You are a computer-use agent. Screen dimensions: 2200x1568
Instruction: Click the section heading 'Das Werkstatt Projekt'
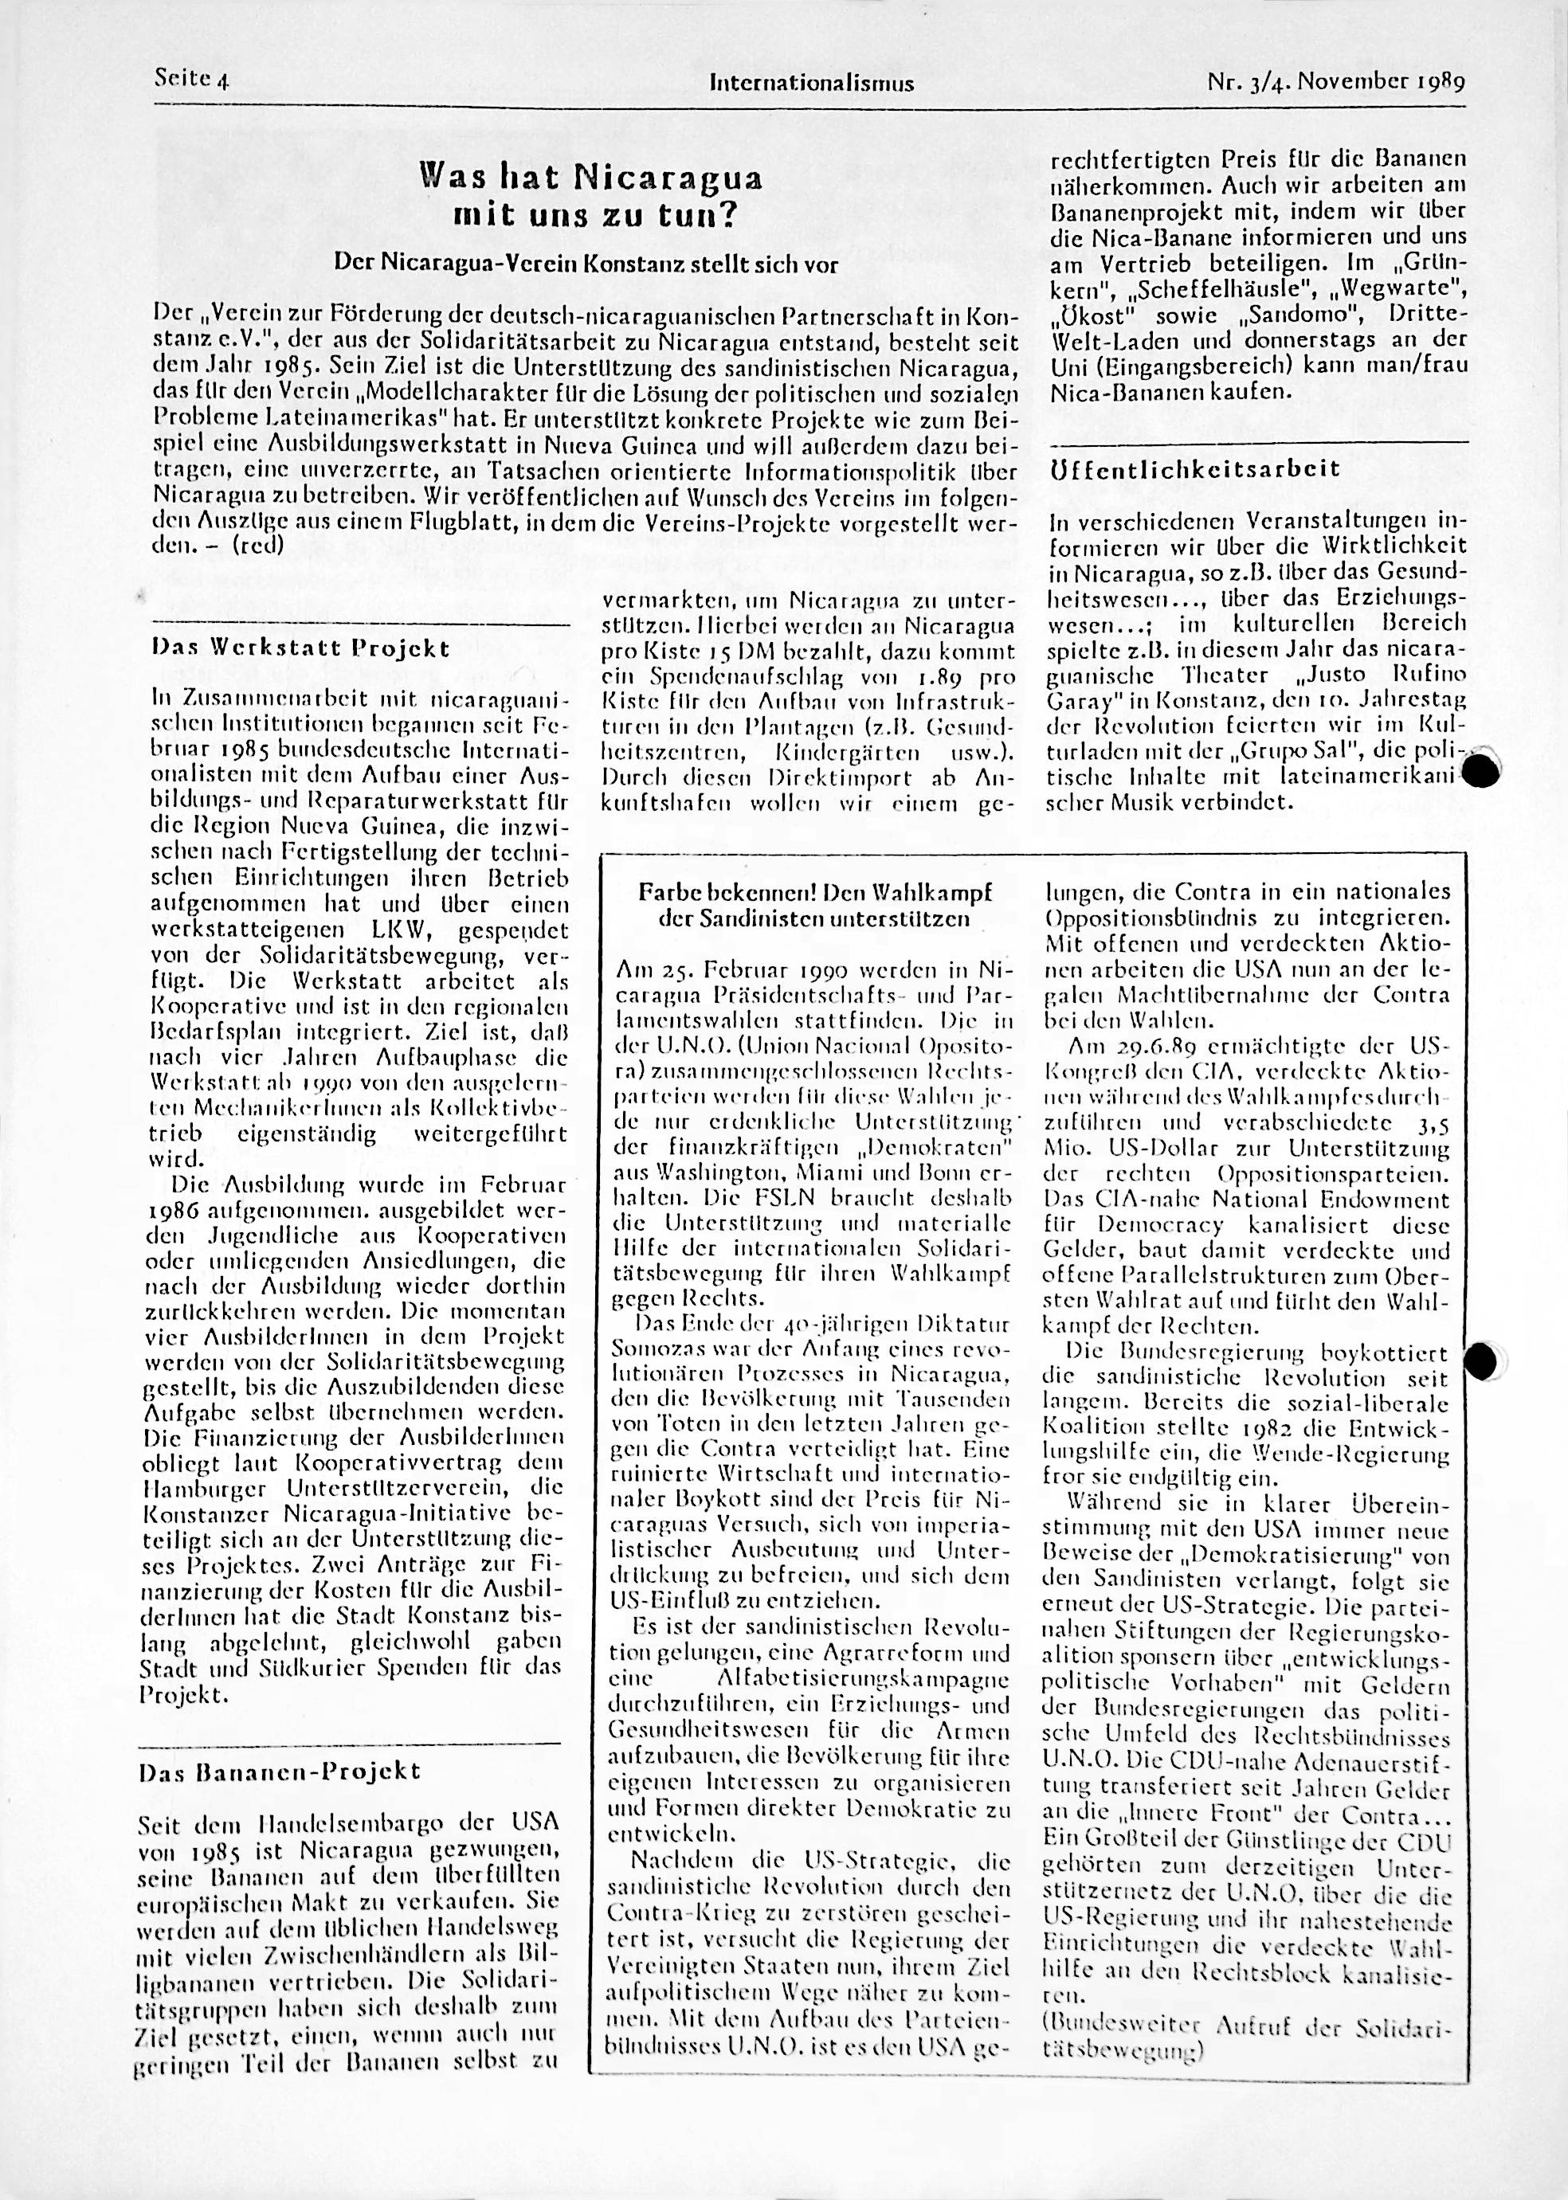click(x=300, y=648)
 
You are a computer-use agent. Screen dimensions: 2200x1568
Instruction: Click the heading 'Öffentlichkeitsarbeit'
click(x=1194, y=469)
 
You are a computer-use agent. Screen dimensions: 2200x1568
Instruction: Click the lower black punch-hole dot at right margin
click(x=1483, y=1361)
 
